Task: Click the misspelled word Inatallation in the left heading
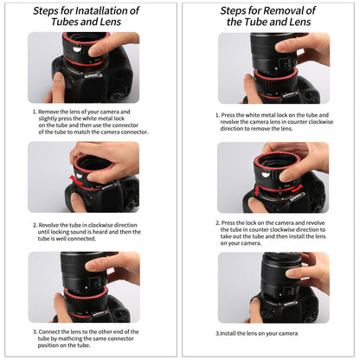pyautogui.click(x=105, y=11)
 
